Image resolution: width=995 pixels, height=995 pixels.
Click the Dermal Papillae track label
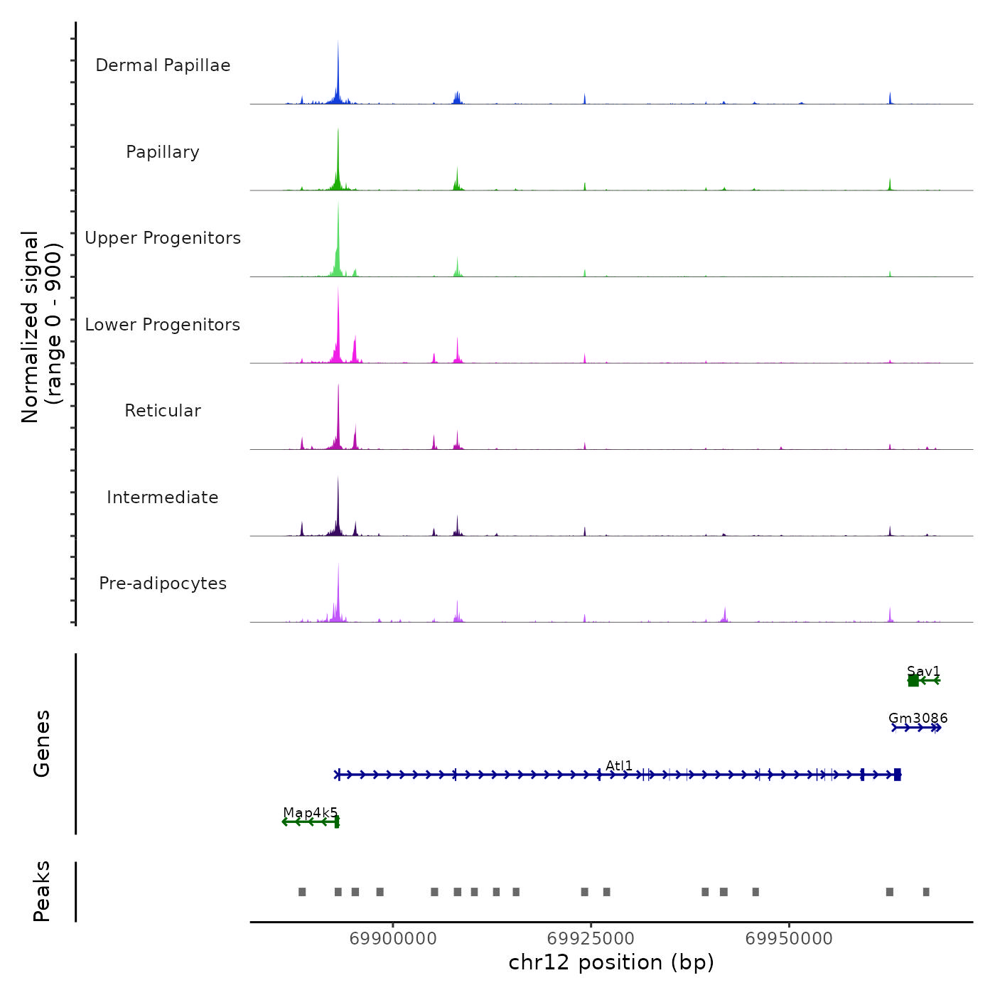coord(163,65)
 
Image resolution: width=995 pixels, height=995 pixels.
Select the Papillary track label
coord(163,152)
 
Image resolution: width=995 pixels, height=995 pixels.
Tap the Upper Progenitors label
coord(163,238)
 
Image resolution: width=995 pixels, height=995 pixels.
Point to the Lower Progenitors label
coord(163,325)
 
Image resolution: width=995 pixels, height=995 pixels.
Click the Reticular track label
coord(163,411)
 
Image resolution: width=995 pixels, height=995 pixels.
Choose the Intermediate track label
coord(163,497)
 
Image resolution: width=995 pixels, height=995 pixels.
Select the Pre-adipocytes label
coord(163,583)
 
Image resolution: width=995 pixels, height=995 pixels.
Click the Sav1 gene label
coord(923,672)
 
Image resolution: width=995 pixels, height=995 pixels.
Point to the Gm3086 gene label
coord(918,719)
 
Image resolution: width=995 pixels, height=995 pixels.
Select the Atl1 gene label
coord(619,765)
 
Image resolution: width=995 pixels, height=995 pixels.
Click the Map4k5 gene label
coord(311,812)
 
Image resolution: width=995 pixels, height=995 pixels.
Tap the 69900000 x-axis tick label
coord(393,939)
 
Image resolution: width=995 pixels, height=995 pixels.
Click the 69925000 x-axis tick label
coord(591,939)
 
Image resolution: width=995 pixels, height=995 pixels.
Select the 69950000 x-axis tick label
coord(789,939)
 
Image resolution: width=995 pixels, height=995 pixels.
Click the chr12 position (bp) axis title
coord(611,962)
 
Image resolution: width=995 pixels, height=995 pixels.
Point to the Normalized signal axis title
coord(41,327)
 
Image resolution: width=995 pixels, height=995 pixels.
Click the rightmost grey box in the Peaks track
coord(926,892)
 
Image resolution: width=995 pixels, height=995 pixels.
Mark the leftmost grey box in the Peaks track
coord(302,892)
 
